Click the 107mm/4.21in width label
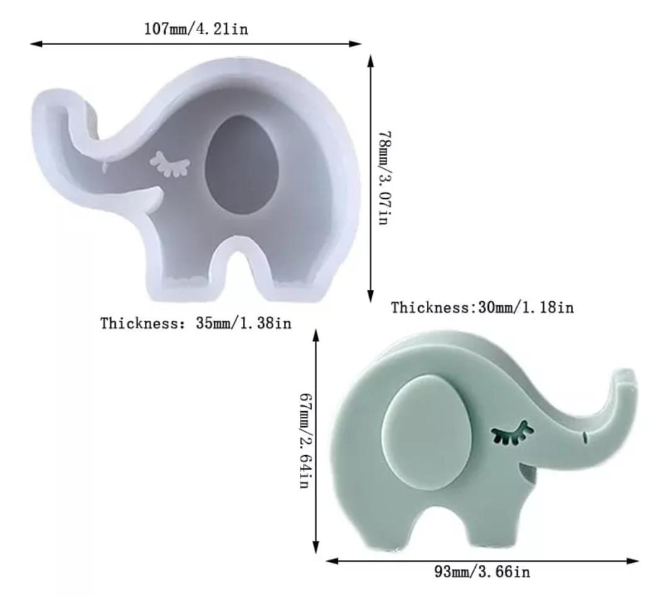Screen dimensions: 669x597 196,29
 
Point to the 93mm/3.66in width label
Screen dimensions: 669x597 482,572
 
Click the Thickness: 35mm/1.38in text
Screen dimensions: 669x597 196,323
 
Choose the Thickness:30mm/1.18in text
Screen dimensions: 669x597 483,307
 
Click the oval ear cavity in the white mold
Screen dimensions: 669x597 242,164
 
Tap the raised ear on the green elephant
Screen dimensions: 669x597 427,434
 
